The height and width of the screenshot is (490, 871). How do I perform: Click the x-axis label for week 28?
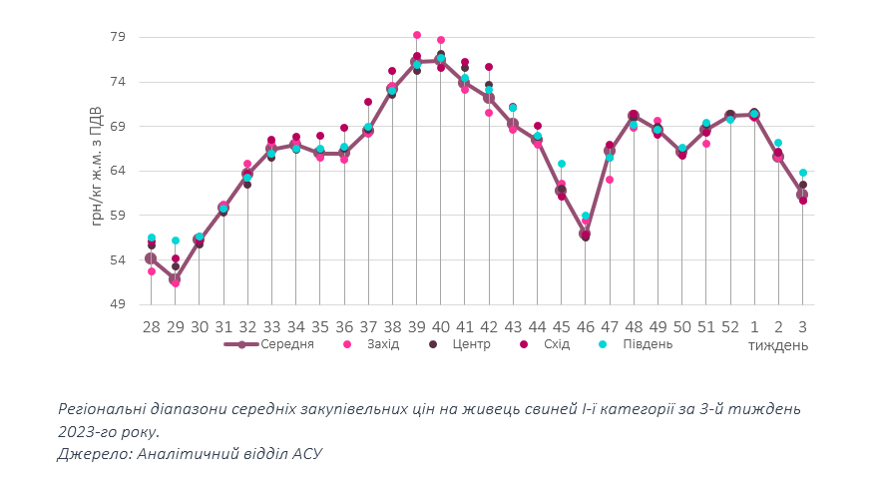[151, 326]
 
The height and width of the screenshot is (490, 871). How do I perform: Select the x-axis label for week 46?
[586, 326]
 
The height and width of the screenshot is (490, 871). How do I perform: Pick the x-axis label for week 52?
[730, 326]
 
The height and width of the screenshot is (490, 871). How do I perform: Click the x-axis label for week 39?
[416, 326]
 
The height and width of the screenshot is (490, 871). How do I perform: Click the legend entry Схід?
[557, 344]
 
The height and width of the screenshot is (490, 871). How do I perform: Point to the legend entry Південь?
[646, 344]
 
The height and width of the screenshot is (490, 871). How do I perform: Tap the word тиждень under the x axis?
[778, 345]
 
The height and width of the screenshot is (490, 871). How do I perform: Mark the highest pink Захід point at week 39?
[417, 35]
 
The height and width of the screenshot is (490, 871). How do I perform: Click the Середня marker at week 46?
[586, 235]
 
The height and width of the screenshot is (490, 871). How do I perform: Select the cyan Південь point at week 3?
[802, 173]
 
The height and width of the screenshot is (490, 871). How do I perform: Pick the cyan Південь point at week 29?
[176, 241]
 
